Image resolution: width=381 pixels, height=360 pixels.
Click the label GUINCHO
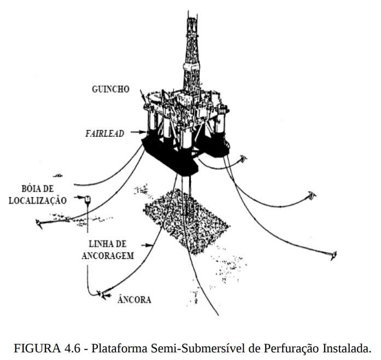(112, 89)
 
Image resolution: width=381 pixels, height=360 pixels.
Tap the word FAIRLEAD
(110, 132)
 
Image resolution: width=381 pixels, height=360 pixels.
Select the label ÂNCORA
(134, 299)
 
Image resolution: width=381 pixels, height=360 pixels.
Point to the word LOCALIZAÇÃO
(37, 200)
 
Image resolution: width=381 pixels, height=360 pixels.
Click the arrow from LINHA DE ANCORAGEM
(149, 245)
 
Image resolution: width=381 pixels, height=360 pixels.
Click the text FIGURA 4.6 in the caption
(37, 348)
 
